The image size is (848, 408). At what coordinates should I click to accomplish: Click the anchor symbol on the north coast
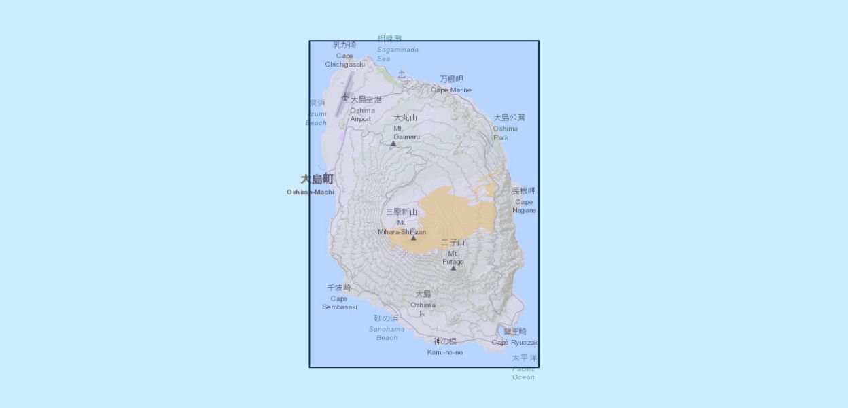402,74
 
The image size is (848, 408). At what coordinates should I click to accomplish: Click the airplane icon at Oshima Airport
345,97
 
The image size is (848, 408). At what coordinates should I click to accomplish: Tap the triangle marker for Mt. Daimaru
393,143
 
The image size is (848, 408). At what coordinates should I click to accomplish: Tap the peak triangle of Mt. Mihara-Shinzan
413,238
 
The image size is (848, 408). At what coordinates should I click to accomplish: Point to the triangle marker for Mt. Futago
453,268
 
